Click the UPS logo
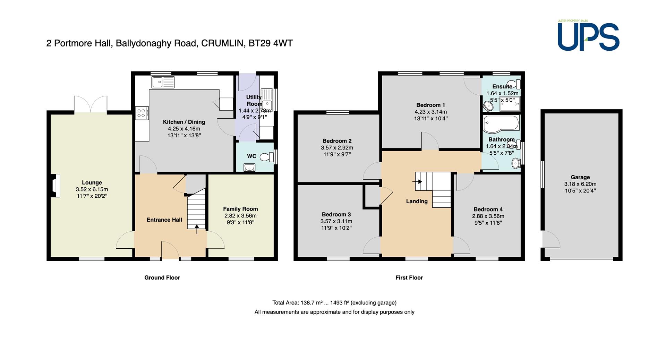[588, 36]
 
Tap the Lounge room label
[92, 182]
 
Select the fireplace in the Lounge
[55, 186]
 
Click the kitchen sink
[163, 82]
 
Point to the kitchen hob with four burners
[142, 113]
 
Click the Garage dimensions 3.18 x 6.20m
[580, 184]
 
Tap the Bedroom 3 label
[336, 214]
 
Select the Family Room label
[240, 209]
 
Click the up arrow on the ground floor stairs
[197, 229]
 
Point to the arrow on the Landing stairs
[417, 181]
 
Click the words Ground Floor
[162, 277]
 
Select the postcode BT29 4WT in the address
[271, 43]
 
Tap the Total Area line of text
[334, 302]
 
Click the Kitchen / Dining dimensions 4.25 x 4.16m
[184, 129]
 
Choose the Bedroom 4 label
[488, 209]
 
